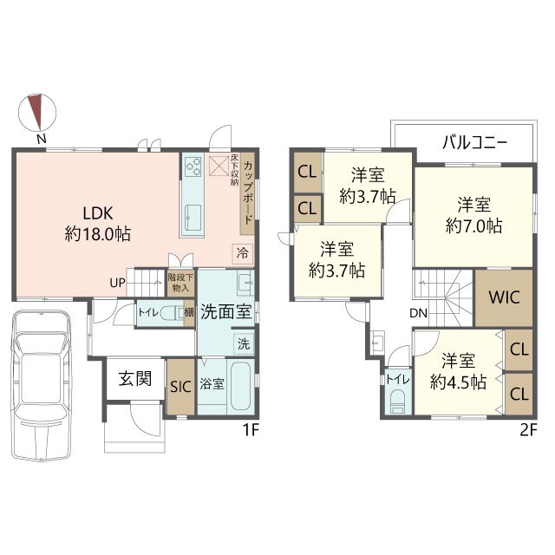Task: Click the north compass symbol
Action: point(37,113)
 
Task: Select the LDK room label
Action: point(98,214)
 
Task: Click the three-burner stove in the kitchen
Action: point(193,166)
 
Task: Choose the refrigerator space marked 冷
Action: point(243,254)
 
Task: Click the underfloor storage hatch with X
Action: point(219,166)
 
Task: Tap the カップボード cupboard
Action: point(248,193)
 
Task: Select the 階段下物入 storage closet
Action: point(180,283)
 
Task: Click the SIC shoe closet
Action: point(181,387)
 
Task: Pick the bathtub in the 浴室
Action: point(241,386)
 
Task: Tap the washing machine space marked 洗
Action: point(244,343)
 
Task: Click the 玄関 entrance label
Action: point(135,379)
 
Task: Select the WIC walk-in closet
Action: point(504,297)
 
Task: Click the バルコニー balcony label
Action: point(474,143)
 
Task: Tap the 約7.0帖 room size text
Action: point(474,225)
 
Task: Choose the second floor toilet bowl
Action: point(398,402)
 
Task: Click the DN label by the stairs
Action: point(419,313)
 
